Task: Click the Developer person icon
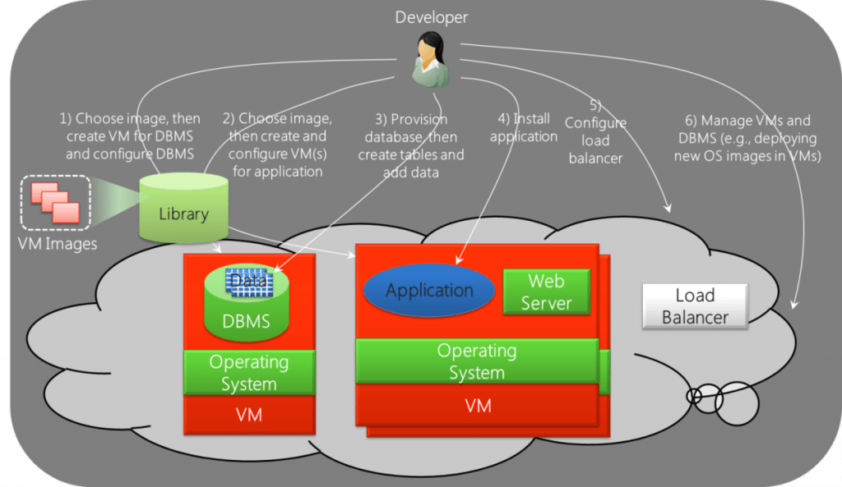pos(431,59)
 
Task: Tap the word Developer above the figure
pos(431,17)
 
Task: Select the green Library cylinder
pos(183,208)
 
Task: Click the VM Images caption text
pos(58,244)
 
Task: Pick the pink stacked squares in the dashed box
pos(55,202)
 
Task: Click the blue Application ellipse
pos(429,290)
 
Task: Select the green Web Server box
pos(547,292)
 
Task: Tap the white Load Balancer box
pos(695,306)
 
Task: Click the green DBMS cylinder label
pos(247,321)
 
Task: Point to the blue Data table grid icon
pos(249,283)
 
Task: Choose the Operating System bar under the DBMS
pos(249,373)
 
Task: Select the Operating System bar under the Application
pos(477,361)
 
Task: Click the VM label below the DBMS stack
pos(249,415)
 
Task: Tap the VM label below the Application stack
pos(478,406)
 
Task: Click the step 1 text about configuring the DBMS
pos(129,136)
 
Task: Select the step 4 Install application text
pos(524,127)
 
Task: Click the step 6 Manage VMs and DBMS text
pos(747,138)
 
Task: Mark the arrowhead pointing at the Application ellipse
pos(458,261)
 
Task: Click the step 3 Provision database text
pos(411,145)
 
